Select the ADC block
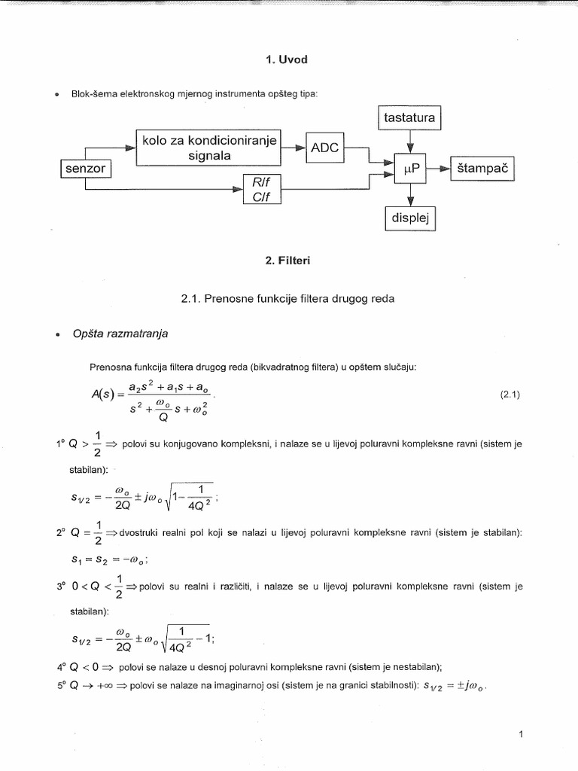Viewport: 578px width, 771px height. [325, 148]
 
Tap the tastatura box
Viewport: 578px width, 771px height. [409, 118]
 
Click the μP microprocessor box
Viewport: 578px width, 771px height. [409, 170]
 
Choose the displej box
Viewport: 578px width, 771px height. [409, 218]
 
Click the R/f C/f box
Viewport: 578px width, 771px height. [261, 188]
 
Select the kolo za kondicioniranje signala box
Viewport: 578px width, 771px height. [209, 148]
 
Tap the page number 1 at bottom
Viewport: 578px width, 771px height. [521, 733]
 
